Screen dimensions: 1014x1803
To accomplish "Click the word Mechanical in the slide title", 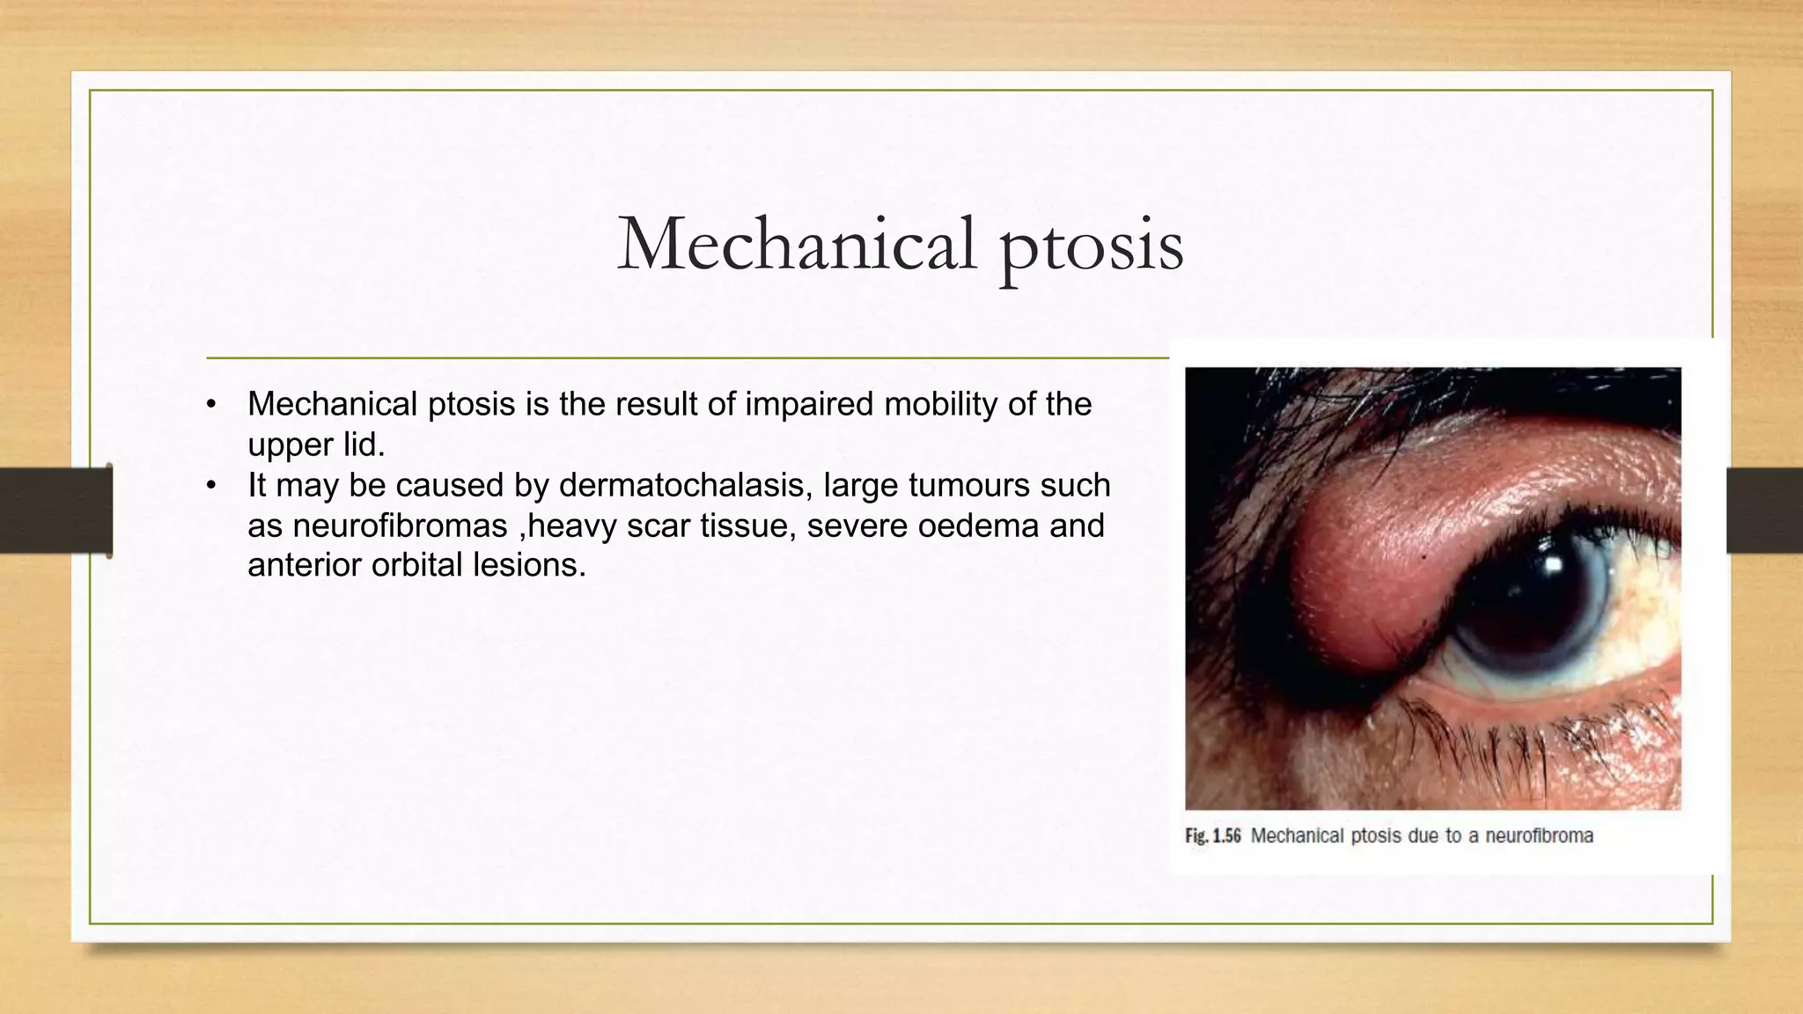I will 797,244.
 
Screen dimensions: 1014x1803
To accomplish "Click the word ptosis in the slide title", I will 1091,246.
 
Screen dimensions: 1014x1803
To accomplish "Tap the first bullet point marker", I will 210,405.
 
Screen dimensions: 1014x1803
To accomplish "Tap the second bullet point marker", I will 210,486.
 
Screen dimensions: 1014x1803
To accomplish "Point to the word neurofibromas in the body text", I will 400,525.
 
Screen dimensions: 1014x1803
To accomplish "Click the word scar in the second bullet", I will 657,525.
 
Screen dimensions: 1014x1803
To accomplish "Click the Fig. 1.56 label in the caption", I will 1212,836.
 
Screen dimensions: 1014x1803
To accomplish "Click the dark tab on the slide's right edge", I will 1763,511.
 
